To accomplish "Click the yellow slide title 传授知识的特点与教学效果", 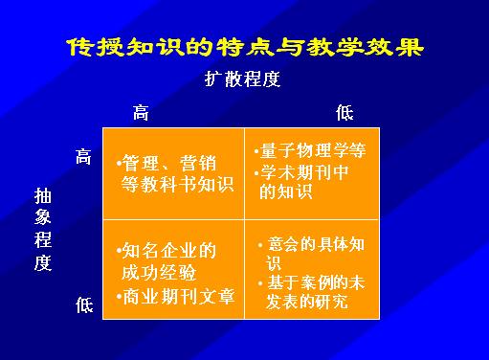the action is [x=245, y=48].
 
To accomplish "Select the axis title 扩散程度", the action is [x=242, y=79].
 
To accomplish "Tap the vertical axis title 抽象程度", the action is [x=43, y=230].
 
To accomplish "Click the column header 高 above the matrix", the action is [x=141, y=112].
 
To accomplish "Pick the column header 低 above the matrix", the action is [x=345, y=112].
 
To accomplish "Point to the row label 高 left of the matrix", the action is [x=83, y=156].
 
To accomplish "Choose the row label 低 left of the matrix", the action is [x=84, y=304].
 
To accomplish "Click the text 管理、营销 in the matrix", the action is [x=169, y=163].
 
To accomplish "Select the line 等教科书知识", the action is [x=177, y=184].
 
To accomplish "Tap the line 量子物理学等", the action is [x=313, y=150].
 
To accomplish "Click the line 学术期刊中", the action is [x=304, y=172].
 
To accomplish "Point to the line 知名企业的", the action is [x=169, y=251].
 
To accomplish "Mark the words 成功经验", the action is [x=159, y=273].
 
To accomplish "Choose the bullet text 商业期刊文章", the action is [x=179, y=296].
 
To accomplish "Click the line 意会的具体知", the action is [x=316, y=244].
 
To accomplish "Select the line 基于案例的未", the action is [x=316, y=282].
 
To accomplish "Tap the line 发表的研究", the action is [x=307, y=302].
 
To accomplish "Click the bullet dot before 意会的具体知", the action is [x=260, y=245].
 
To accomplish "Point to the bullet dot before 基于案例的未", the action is [x=260, y=283].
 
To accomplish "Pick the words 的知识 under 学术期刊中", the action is [x=285, y=191].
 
